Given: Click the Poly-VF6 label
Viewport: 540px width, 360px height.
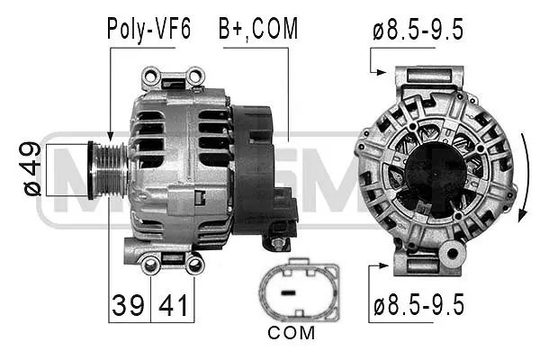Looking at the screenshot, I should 148,29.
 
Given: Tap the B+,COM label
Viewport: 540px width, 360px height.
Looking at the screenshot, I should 257,29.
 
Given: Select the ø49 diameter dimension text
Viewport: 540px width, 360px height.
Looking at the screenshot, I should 31,168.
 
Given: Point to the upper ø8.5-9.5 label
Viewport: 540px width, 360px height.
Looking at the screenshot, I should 418,30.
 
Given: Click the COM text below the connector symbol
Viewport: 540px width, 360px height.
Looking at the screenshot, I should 292,333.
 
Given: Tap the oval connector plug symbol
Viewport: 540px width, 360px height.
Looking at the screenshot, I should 299,292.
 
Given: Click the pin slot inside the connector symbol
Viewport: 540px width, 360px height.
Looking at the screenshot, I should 291,292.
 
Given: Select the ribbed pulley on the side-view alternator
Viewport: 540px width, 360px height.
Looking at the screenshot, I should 109,167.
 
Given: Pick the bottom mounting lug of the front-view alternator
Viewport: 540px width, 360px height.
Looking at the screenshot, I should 427,262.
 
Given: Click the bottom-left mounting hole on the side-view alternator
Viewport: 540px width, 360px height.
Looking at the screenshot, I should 151,264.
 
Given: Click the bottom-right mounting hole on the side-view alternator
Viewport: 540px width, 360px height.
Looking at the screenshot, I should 193,264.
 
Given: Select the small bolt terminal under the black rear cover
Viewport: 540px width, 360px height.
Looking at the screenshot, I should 278,243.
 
